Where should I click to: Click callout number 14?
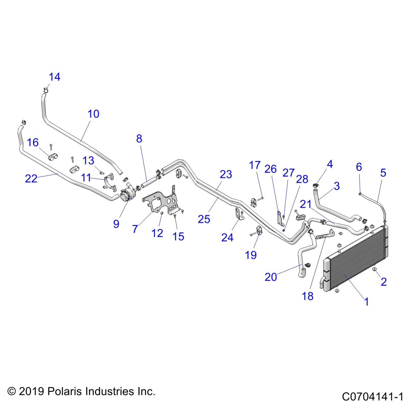point(54,77)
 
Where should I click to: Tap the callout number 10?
point(93,114)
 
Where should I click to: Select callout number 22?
point(31,178)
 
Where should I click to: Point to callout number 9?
point(116,224)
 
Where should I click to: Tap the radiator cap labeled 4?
point(316,185)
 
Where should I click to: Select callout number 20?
point(271,277)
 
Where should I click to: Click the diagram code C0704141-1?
point(373,397)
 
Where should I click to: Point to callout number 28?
point(302,179)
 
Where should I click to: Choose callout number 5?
point(383,173)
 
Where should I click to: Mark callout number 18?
point(308,296)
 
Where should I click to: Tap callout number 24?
point(227,238)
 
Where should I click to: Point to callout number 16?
point(33,143)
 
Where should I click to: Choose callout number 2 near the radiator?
point(384,282)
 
